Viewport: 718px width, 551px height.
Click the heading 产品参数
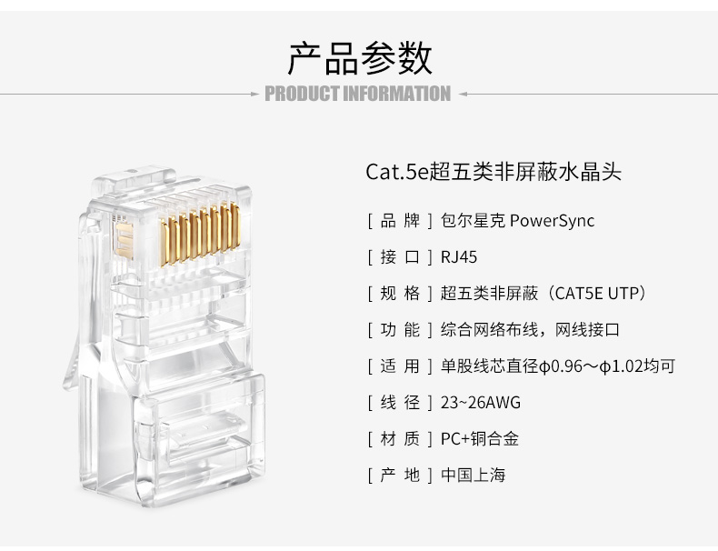pyautogui.click(x=360, y=58)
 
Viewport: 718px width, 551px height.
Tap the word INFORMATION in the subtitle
pyautogui.click(x=397, y=94)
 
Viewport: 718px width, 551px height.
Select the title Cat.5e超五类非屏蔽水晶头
pyautogui.click(x=494, y=172)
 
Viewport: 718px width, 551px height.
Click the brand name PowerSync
pyautogui.click(x=552, y=221)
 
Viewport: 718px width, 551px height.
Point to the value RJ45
pyautogui.click(x=459, y=257)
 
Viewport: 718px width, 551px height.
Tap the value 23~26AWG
pyautogui.click(x=481, y=403)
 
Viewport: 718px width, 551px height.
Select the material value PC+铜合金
pyautogui.click(x=480, y=439)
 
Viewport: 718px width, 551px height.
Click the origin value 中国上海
pyautogui.click(x=473, y=475)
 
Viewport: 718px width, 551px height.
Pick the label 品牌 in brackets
pyautogui.click(x=400, y=221)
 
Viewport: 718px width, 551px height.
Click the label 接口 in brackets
pyautogui.click(x=400, y=257)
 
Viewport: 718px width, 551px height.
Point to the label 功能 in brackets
pyautogui.click(x=400, y=330)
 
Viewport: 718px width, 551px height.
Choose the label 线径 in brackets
pyautogui.click(x=400, y=403)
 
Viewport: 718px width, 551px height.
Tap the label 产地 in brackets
pyautogui.click(x=400, y=475)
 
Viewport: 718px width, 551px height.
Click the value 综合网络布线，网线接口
pyautogui.click(x=530, y=330)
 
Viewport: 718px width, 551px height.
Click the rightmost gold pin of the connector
pyautogui.click(x=235, y=226)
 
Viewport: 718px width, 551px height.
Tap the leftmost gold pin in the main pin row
pyautogui.click(x=164, y=243)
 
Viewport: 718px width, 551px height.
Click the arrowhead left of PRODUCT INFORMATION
pyautogui.click(x=255, y=95)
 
